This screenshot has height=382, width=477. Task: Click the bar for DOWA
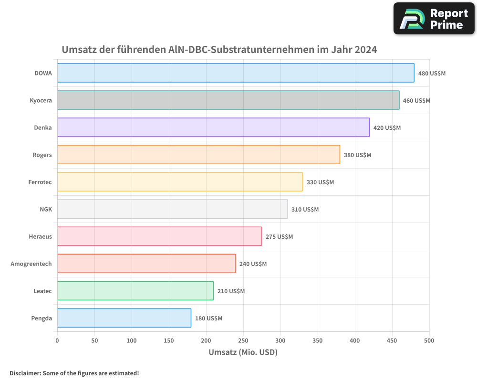(x=236, y=73)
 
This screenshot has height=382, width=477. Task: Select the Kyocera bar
(x=228, y=100)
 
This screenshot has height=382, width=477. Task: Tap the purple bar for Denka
(x=213, y=127)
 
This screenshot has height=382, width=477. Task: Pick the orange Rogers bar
(x=198, y=155)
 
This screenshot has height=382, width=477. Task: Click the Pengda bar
(x=124, y=318)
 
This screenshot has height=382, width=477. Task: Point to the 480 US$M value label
(x=432, y=74)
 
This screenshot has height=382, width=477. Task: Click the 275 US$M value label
(x=279, y=237)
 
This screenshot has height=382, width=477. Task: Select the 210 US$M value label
(x=231, y=291)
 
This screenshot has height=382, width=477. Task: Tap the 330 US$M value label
(x=320, y=182)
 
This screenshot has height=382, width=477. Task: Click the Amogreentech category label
(x=31, y=264)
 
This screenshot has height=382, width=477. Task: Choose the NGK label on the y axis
(x=46, y=210)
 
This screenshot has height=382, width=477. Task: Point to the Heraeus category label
(x=40, y=237)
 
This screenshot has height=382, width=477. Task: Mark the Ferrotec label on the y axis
(x=40, y=182)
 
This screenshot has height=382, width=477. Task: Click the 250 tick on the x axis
(x=243, y=340)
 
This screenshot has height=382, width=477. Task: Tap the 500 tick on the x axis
(x=429, y=340)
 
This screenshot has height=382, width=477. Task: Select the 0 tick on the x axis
(x=57, y=340)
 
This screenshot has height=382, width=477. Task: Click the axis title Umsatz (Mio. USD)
(x=243, y=352)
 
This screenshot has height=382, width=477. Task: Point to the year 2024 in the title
(x=365, y=50)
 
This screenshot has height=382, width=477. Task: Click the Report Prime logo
(x=434, y=19)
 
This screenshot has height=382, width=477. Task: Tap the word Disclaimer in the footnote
(x=25, y=373)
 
